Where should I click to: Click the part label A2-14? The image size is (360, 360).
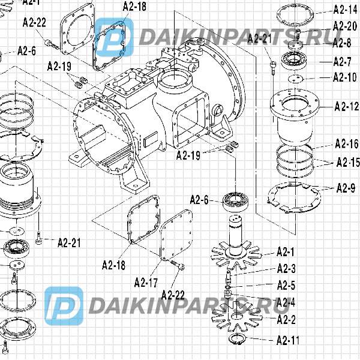(346, 9)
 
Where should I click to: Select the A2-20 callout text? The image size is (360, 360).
(346, 26)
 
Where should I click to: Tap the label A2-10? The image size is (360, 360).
(346, 77)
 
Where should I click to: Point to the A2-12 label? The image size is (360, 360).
(346, 107)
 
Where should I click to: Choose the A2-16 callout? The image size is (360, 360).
(346, 143)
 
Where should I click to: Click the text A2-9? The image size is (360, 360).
(346, 189)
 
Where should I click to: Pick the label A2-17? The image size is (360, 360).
(146, 282)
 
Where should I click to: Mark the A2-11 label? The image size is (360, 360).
(288, 340)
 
